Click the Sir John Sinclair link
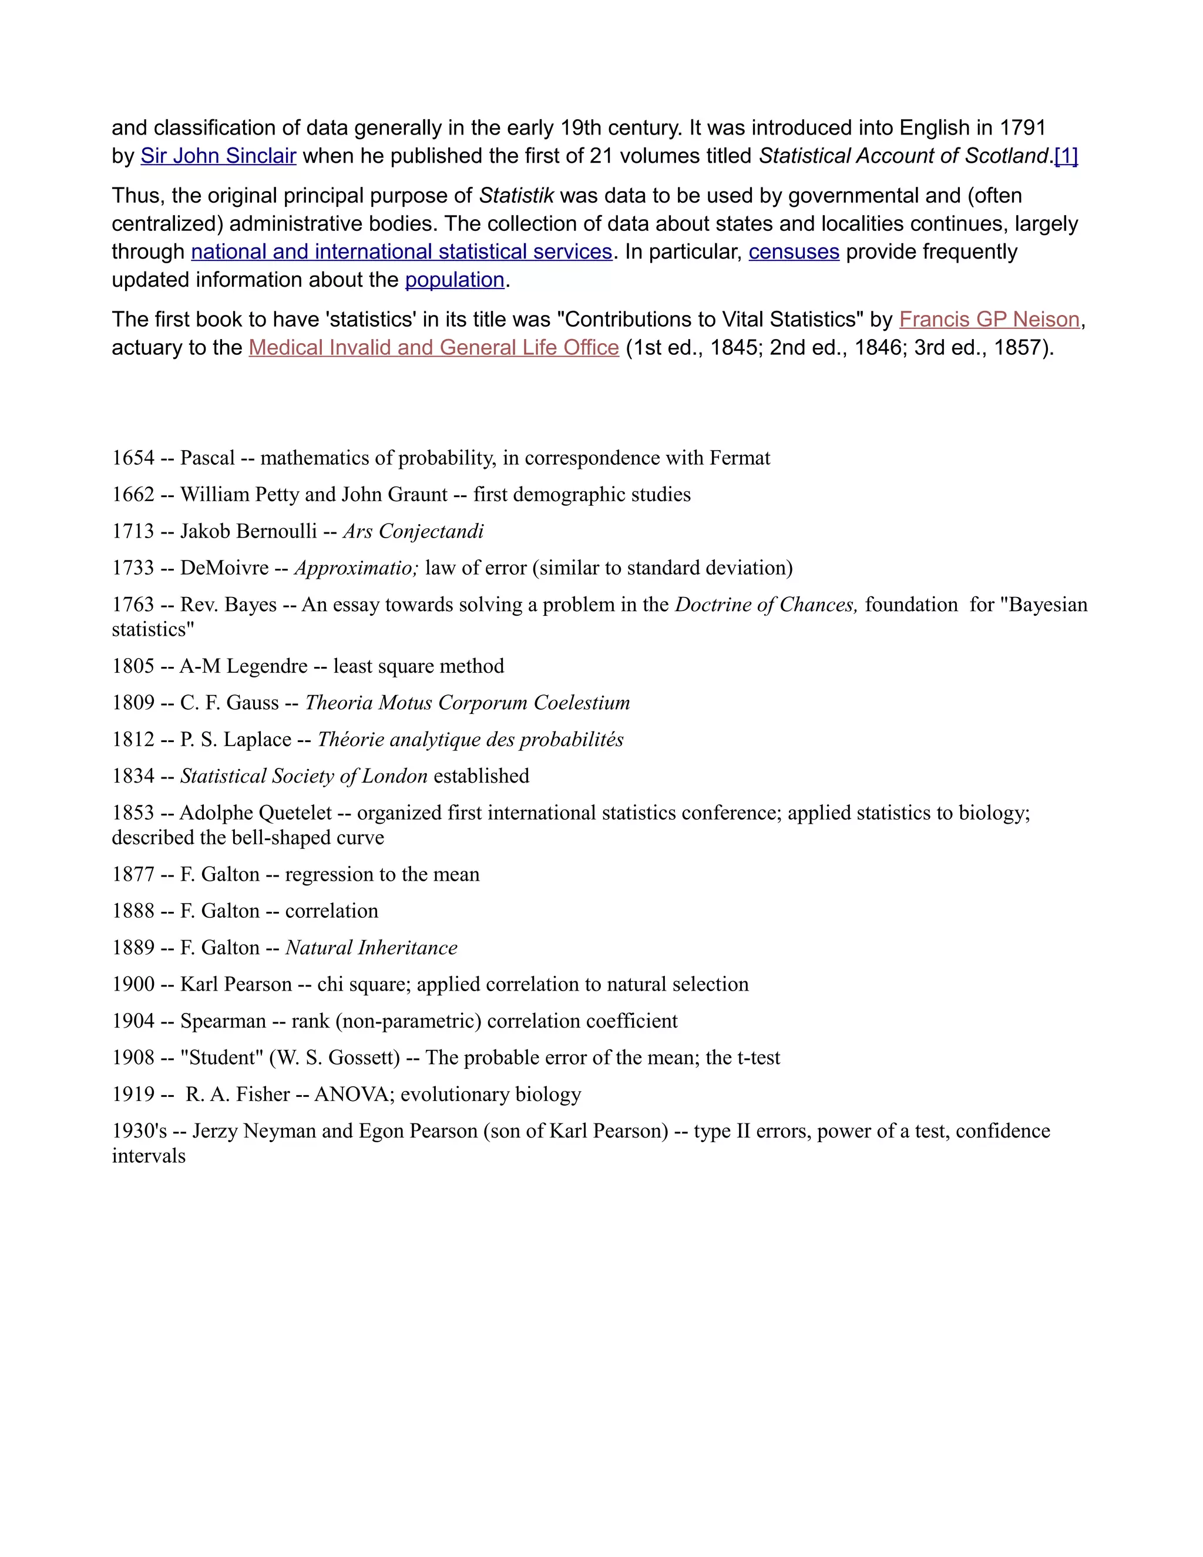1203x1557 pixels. point(218,156)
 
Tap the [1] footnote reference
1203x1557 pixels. point(1066,156)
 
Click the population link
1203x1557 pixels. point(455,280)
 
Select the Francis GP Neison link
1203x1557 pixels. point(989,320)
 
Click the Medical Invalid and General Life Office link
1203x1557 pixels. point(434,348)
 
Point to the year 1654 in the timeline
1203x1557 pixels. point(133,458)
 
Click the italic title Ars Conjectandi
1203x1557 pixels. point(414,531)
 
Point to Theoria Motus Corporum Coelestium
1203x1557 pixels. point(468,703)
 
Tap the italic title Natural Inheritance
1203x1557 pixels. point(371,948)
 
